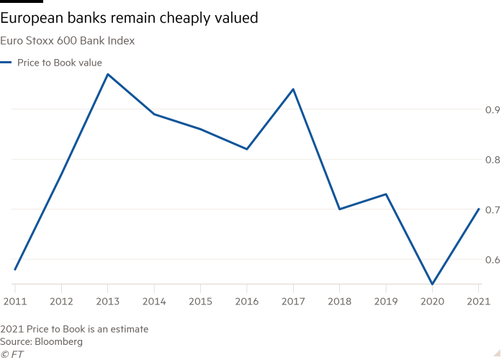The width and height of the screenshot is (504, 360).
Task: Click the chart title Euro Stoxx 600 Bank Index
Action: tap(68, 41)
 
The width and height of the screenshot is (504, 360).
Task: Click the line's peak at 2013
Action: tap(107, 73)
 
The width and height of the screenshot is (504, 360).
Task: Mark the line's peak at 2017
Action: tap(293, 89)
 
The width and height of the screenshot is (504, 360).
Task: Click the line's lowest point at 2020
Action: tap(433, 284)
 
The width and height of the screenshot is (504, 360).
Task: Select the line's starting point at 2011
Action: tap(14, 269)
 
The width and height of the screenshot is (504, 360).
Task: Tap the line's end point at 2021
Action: tap(479, 209)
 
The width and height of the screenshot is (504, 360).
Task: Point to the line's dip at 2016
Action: tap(247, 149)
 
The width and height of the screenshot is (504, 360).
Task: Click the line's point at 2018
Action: tap(340, 209)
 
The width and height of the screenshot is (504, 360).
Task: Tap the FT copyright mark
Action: tap(12, 354)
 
